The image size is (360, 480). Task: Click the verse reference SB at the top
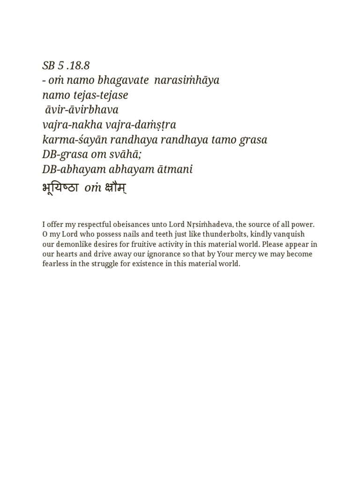pyautogui.click(x=49, y=66)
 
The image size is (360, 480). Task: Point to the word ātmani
pyautogui.click(x=175, y=170)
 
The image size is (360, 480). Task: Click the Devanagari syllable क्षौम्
pyautogui.click(x=115, y=188)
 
